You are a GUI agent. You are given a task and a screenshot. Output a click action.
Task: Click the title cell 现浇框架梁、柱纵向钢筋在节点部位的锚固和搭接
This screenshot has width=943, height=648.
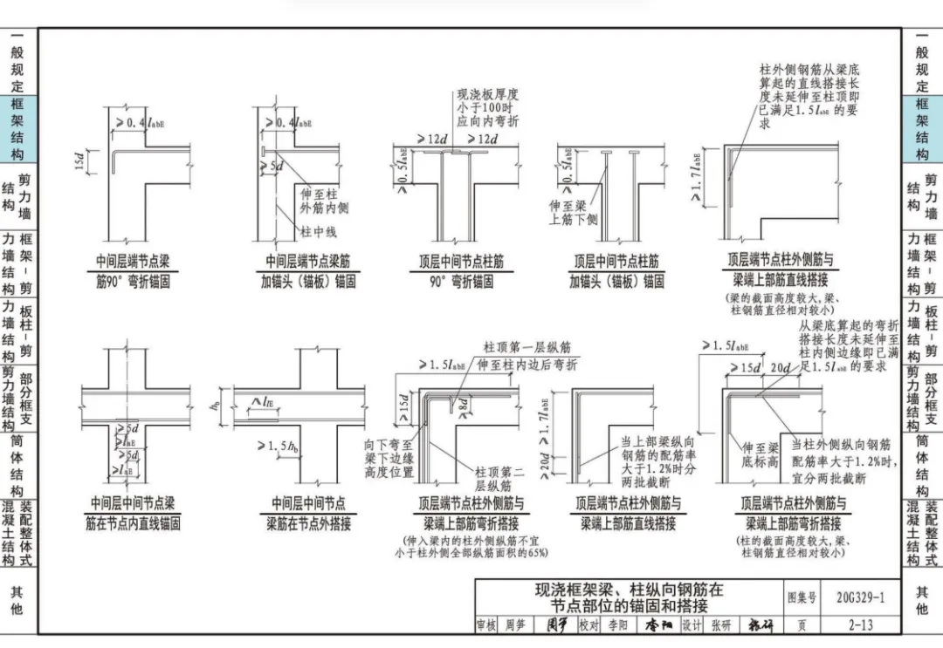(630, 597)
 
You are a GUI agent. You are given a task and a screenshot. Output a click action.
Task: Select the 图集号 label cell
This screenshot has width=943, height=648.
(802, 597)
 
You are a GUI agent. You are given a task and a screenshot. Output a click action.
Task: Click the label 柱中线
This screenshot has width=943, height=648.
(319, 232)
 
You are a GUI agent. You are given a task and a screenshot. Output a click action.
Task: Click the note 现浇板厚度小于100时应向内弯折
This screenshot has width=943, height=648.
(487, 107)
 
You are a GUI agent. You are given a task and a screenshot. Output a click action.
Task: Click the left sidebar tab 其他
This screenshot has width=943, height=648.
(17, 600)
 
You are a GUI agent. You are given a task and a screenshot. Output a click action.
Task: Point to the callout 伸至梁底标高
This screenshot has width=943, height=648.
(760, 454)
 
